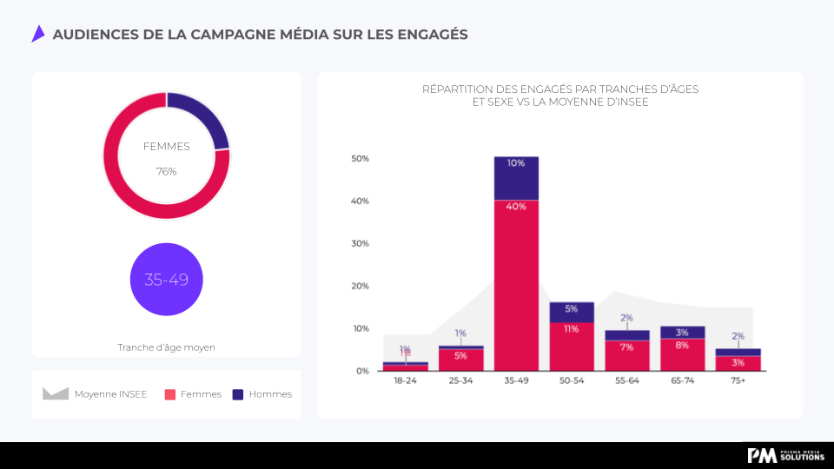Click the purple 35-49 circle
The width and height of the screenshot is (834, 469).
click(x=166, y=280)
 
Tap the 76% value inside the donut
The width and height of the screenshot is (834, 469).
click(x=166, y=172)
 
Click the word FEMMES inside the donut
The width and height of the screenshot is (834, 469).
click(x=166, y=147)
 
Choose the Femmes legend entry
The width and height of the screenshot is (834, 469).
click(x=193, y=393)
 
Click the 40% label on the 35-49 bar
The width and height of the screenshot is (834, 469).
click(x=516, y=207)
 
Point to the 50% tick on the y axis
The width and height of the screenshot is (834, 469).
click(x=360, y=159)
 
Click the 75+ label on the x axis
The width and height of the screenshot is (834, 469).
click(x=738, y=380)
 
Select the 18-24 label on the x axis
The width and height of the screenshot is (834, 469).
click(x=405, y=380)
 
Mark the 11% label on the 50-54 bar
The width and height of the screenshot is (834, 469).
click(x=571, y=329)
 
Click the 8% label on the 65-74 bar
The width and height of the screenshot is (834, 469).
click(x=682, y=345)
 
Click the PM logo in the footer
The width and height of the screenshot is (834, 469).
click(x=762, y=455)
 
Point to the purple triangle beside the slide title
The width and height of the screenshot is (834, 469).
click(x=37, y=34)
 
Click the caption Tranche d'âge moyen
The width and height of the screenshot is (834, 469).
click(x=166, y=347)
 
